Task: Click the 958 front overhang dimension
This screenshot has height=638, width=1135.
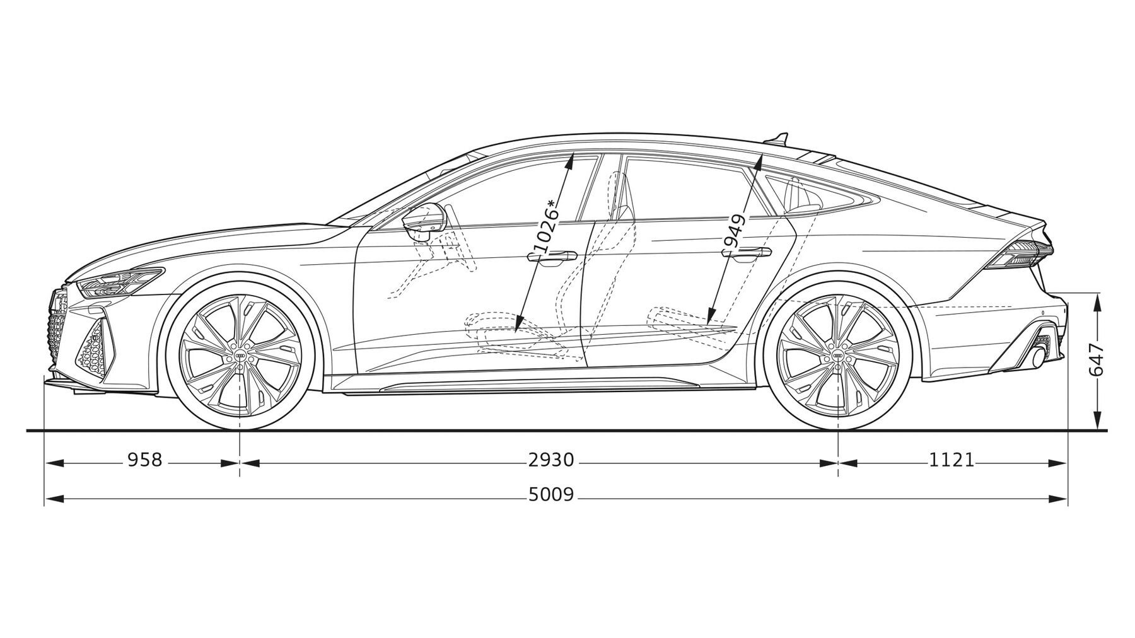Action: tap(145, 460)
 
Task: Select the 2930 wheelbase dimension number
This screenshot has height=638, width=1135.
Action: tap(552, 460)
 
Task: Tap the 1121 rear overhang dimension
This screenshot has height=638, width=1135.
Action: tap(952, 460)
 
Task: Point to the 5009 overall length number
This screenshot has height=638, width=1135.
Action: tap(552, 495)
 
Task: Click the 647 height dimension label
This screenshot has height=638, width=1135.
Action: tap(1097, 360)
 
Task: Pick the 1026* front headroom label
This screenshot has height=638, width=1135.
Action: tap(545, 226)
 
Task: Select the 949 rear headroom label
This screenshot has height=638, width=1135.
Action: tap(735, 231)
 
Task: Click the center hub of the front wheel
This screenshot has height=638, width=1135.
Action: tap(240, 357)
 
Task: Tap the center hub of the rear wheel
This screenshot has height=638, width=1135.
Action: tap(837, 357)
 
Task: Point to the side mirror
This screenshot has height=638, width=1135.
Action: tap(424, 220)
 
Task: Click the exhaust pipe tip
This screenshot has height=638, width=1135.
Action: tap(1037, 357)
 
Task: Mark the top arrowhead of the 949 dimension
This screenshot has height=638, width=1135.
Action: tap(757, 164)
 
